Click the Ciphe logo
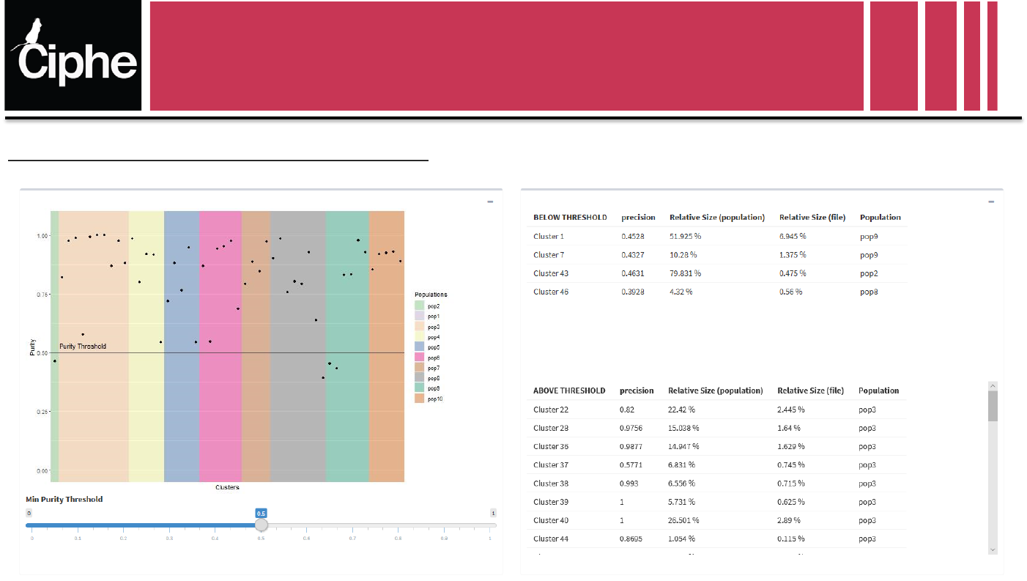(73, 56)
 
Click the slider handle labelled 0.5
(262, 525)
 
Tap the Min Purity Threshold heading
(64, 499)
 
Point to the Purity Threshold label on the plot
(83, 347)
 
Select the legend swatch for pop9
(420, 388)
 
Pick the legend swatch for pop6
(420, 358)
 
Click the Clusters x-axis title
(227, 487)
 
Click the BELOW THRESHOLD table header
(570, 218)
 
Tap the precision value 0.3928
(634, 292)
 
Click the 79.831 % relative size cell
(685, 273)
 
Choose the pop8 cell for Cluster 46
(870, 292)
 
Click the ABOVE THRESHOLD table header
(569, 391)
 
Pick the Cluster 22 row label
(551, 410)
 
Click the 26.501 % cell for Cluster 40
(683, 520)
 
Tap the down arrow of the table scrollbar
(993, 549)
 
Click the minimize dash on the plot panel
(490, 201)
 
